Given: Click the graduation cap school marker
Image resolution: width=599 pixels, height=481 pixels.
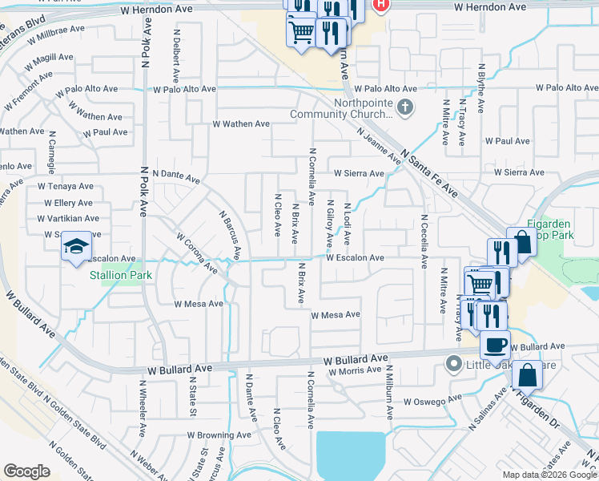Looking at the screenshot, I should click(x=76, y=245).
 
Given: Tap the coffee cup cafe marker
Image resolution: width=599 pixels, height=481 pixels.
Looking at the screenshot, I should click(x=496, y=344).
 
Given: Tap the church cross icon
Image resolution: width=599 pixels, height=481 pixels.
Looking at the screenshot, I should click(x=406, y=107).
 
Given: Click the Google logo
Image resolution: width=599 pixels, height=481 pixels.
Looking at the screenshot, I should click(x=26, y=471).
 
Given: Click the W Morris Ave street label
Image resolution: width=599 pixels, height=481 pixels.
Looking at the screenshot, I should click(x=353, y=370).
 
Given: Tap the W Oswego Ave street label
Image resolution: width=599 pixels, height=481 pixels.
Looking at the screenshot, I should click(x=432, y=400).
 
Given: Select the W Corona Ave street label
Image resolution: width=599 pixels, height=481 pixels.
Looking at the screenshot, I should click(x=197, y=252).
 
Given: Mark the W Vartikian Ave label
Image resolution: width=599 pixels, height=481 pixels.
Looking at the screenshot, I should click(x=68, y=218).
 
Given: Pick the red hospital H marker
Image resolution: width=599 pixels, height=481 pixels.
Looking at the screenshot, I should click(x=381, y=5).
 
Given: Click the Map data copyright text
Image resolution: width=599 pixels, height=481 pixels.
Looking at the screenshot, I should click(x=547, y=475).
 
